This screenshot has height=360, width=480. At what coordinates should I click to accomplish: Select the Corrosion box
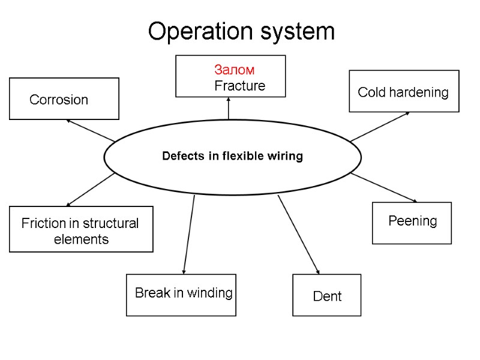tap(64, 99)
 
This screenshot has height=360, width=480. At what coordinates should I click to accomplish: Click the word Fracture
tap(239, 86)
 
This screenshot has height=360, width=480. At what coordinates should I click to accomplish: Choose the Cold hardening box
tap(403, 92)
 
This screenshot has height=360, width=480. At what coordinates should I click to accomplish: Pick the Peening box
tap(412, 222)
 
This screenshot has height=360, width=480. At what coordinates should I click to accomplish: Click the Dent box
tap(327, 296)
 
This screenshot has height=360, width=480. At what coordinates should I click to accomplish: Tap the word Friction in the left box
tap(44, 224)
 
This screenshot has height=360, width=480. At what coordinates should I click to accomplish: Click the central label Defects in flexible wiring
tap(232, 157)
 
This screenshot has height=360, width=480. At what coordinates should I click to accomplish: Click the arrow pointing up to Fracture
tap(229, 109)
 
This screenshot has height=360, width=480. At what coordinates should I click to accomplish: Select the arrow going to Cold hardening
tap(380, 127)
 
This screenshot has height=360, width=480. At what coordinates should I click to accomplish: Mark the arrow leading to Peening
tap(384, 188)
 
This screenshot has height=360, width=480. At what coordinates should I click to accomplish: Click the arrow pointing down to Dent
tap(298, 234)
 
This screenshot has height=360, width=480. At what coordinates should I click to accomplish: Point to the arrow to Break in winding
tap(189, 234)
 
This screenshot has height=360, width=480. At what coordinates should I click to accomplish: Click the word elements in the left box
tap(81, 239)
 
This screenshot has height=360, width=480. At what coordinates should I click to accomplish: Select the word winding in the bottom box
tap(209, 293)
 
